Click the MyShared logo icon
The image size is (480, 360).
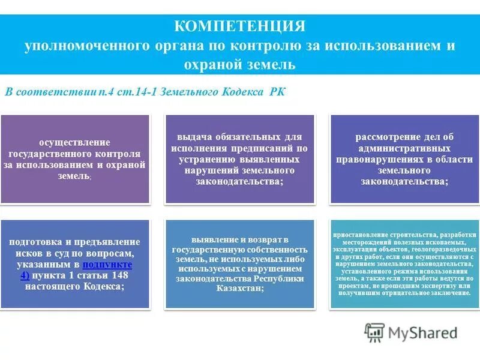click(375, 332)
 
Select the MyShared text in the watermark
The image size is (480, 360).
click(423, 332)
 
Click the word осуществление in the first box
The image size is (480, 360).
click(75, 143)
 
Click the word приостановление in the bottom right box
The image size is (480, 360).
click(365, 234)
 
